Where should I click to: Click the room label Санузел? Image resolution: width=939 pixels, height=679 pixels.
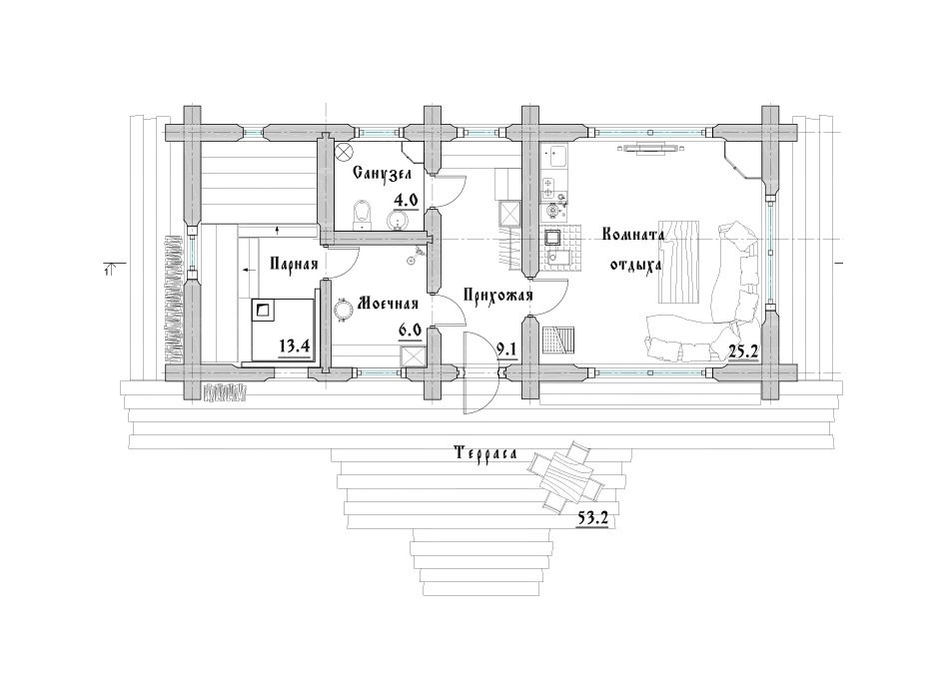(x=382, y=174)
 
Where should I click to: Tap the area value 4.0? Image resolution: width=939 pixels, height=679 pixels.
(x=406, y=200)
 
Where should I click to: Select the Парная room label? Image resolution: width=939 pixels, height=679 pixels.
(x=294, y=264)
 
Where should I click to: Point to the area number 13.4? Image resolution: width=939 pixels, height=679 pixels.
(x=293, y=345)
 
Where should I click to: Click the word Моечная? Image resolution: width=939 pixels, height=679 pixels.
(x=388, y=304)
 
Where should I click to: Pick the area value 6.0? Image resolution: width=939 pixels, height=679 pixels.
(x=411, y=330)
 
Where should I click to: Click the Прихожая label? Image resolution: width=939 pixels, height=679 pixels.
(x=497, y=295)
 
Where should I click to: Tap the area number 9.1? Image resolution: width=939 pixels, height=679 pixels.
(x=506, y=348)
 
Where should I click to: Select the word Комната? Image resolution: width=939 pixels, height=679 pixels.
(x=633, y=234)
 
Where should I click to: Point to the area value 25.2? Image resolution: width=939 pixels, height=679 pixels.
(x=743, y=351)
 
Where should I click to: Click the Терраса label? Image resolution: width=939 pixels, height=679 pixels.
(x=485, y=453)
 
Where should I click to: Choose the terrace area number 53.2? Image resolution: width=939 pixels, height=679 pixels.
(x=592, y=518)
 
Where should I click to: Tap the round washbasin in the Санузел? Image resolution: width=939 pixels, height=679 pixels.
(x=399, y=220)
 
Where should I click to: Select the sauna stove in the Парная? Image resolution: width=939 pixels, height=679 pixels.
(x=264, y=311)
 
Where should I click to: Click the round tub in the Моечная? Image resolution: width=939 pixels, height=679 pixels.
(x=345, y=310)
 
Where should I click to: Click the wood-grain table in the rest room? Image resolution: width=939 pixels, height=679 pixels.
(x=679, y=263)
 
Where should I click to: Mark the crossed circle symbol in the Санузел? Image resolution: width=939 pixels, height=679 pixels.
(x=344, y=152)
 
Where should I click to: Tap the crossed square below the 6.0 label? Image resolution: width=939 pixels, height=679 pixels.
(x=411, y=355)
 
